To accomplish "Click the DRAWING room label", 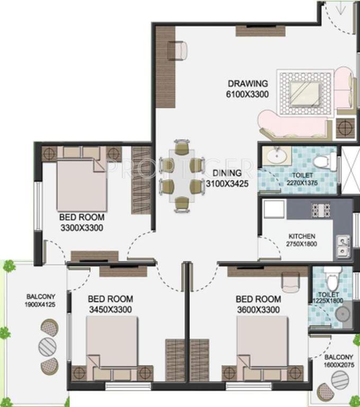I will [248, 84].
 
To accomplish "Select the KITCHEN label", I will [302, 236].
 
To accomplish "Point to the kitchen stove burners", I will [321, 210].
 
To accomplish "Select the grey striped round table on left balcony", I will [48, 347].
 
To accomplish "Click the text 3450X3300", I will [111, 309].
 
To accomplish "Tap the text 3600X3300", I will [258, 309].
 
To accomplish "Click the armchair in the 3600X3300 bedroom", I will [290, 282].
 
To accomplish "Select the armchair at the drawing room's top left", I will [178, 50].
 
